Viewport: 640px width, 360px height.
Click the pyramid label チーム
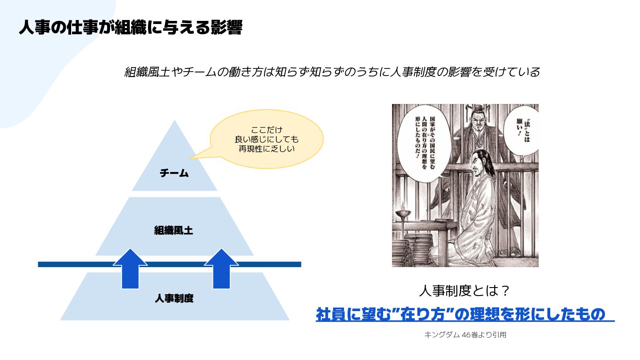point(174,173)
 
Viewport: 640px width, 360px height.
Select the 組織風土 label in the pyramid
point(173,231)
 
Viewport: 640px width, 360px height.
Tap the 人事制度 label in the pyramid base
point(174,299)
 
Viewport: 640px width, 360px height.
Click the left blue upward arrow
point(130,268)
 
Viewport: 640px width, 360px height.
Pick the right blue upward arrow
point(221,268)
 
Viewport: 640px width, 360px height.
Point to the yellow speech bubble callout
point(266,139)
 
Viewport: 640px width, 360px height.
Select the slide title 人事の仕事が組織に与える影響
point(130,28)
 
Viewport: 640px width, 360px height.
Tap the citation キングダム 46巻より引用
point(465,335)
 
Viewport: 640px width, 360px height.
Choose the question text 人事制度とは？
point(464,292)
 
